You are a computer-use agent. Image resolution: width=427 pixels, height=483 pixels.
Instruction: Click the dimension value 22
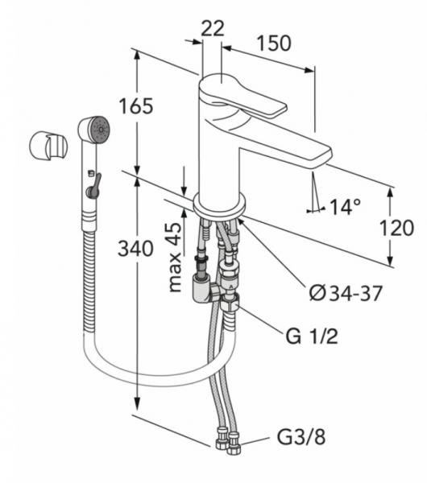(212, 28)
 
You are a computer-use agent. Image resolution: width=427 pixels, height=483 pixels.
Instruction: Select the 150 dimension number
(274, 43)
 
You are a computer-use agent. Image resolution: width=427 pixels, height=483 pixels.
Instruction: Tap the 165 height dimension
(136, 106)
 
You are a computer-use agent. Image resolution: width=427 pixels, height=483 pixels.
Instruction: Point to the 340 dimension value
(135, 249)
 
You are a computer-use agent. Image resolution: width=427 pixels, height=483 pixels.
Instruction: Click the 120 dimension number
(396, 228)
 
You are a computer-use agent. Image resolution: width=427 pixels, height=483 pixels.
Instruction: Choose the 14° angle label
(345, 207)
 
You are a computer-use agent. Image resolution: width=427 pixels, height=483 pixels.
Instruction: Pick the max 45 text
(175, 257)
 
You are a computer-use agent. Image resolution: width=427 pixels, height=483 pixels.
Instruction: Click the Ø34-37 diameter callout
(346, 293)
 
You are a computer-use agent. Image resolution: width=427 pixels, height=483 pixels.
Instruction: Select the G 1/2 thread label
(312, 336)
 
